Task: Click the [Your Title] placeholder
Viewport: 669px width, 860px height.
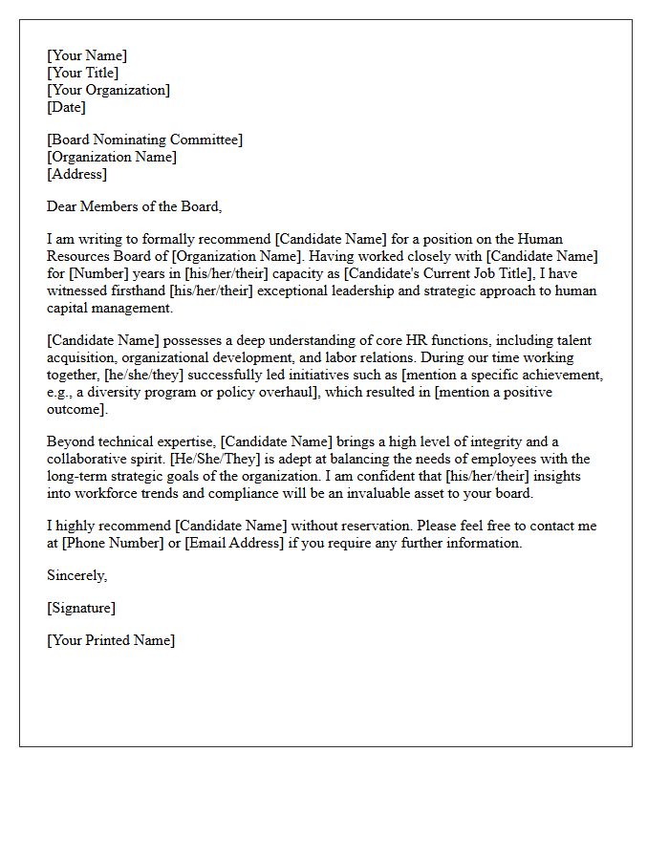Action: click(x=82, y=73)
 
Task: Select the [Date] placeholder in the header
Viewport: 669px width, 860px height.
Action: click(x=66, y=107)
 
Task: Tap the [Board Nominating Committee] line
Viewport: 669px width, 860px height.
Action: click(x=144, y=140)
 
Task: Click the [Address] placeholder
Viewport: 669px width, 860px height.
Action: click(x=76, y=174)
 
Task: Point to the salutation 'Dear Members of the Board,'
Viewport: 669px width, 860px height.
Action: click(x=134, y=205)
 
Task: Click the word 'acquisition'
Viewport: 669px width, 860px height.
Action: click(x=81, y=357)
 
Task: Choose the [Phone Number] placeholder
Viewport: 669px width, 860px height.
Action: click(x=121, y=543)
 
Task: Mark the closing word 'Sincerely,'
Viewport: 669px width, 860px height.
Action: click(x=76, y=575)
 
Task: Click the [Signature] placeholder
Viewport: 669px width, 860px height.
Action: click(x=80, y=608)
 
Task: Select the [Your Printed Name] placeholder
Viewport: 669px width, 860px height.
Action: click(x=111, y=640)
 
